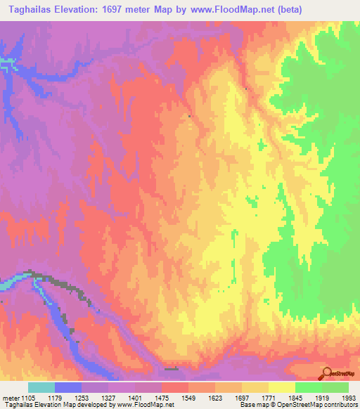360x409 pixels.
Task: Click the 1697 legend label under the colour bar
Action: point(251,398)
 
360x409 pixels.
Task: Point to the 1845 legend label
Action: point(304,398)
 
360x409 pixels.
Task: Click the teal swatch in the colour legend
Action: point(41,387)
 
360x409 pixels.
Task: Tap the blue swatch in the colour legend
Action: point(68,387)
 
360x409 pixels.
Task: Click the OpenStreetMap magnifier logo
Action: point(326,372)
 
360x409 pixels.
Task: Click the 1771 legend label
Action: point(278,398)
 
